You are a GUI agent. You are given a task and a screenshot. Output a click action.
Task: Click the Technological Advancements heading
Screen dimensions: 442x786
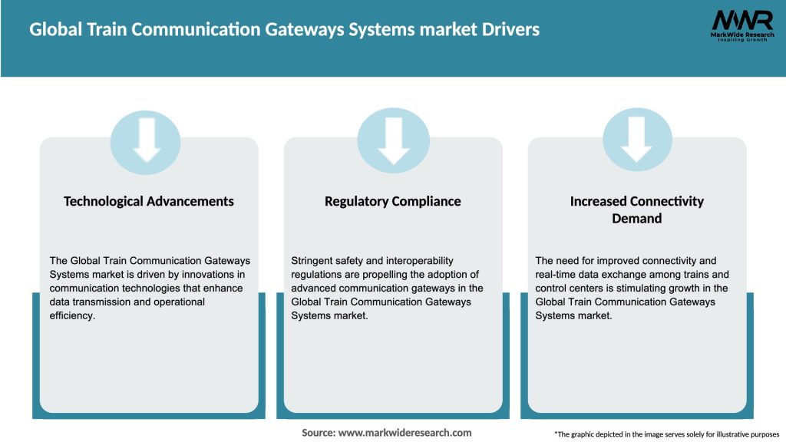click(x=149, y=201)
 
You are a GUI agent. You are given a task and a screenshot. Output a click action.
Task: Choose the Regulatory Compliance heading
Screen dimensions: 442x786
click(x=393, y=201)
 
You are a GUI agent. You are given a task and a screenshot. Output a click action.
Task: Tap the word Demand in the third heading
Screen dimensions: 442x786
click(x=636, y=218)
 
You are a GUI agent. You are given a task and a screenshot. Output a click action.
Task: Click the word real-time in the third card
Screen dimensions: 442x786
click(x=556, y=275)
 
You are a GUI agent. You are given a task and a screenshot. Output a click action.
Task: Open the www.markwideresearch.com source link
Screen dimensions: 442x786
click(x=405, y=433)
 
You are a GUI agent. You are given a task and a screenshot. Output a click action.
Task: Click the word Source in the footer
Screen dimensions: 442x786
click(x=319, y=433)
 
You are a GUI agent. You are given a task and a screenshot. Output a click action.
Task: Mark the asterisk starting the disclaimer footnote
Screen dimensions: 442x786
click(x=556, y=434)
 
